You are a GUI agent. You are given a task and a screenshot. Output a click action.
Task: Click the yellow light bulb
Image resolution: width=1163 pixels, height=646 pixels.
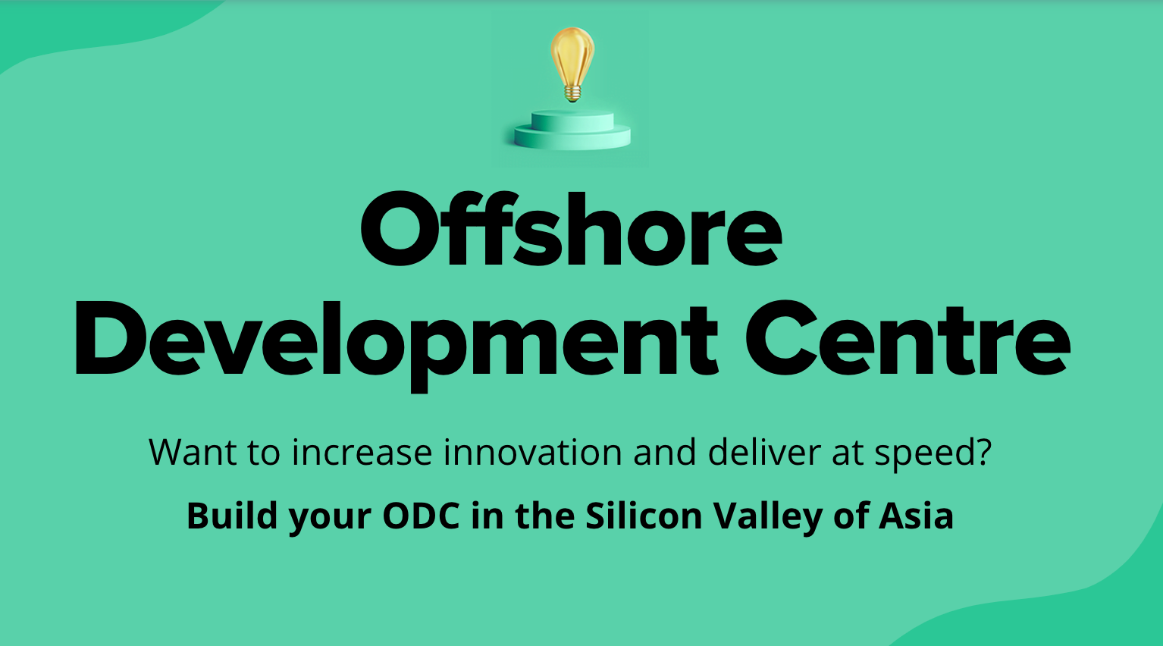click(x=572, y=57)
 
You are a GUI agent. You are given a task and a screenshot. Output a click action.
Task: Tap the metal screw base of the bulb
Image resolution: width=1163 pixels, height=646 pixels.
click(x=572, y=94)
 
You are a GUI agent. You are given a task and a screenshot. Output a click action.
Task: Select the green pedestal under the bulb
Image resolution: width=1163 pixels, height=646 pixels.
click(x=572, y=130)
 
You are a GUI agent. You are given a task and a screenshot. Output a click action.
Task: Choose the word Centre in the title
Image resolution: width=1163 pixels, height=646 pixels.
click(x=907, y=340)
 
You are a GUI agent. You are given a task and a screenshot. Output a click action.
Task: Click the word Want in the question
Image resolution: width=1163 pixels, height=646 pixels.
click(x=193, y=453)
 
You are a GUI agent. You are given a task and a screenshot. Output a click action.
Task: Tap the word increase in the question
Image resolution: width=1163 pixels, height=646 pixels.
click(x=362, y=453)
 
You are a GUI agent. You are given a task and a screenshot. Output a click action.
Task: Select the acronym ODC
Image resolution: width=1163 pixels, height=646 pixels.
click(x=421, y=516)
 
